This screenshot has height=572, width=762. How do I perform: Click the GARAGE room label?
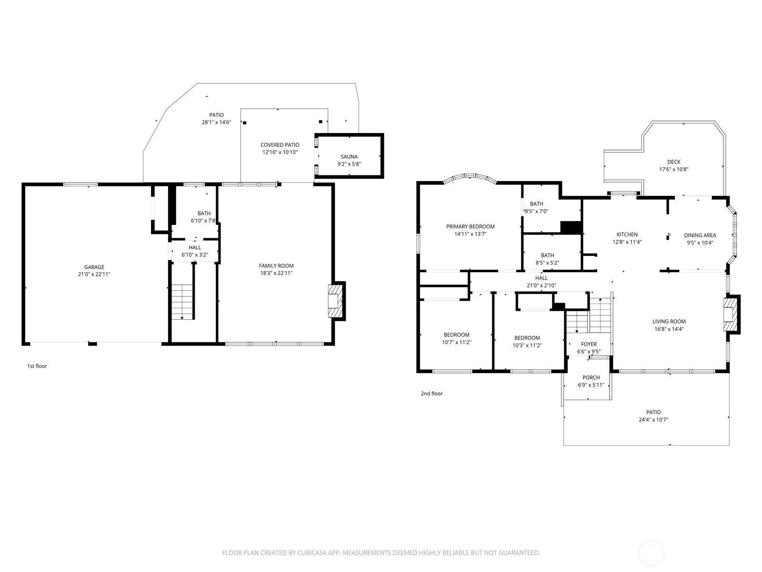94,267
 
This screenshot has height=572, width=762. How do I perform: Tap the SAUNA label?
349,157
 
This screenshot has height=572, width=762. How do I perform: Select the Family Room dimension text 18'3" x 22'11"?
276,273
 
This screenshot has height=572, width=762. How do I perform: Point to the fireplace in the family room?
335,301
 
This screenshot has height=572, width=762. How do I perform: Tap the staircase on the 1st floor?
182,302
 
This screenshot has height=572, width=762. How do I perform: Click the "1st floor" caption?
37,366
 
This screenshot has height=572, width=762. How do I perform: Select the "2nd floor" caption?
432,394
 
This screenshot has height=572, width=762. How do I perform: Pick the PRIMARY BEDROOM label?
471,226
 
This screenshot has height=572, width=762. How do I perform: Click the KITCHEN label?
627,235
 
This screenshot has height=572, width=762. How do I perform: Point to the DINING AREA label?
700,235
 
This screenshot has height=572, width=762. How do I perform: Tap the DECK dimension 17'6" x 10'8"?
674,170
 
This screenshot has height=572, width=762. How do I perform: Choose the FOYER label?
589,344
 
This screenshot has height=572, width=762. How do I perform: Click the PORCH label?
591,378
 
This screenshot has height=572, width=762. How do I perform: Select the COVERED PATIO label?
280,145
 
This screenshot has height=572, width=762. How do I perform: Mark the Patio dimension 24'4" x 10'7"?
653,419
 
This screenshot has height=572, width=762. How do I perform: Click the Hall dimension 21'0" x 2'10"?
541,286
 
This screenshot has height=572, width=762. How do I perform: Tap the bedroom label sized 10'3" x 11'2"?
527,338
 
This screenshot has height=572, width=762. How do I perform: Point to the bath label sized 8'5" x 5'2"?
548,255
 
